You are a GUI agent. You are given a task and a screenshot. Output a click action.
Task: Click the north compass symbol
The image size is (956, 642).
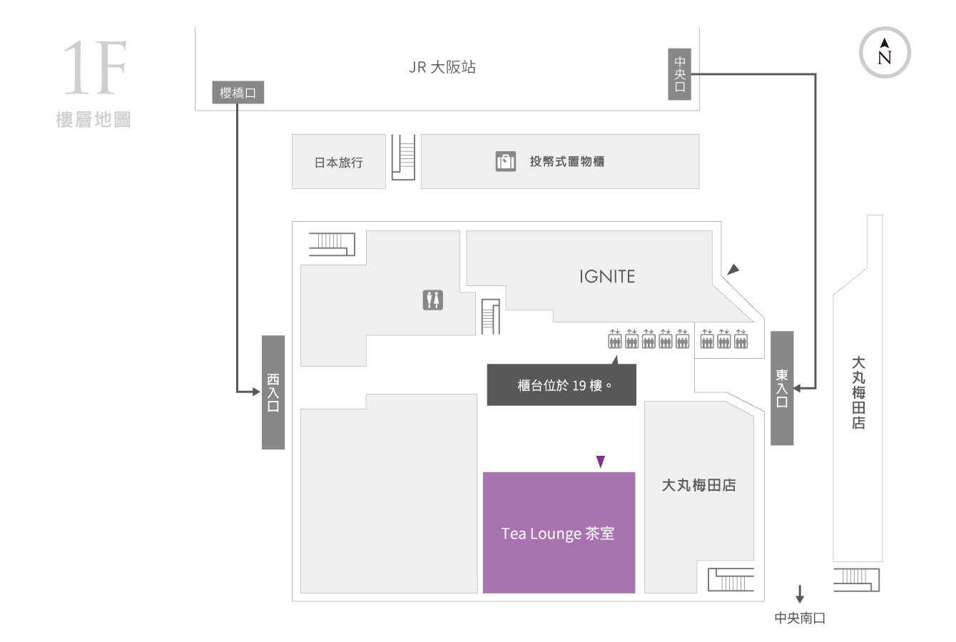[x=885, y=53]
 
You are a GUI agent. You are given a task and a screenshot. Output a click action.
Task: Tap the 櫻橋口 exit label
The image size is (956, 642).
[x=238, y=92]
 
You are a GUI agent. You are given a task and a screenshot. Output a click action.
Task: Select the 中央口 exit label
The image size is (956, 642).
[x=679, y=74]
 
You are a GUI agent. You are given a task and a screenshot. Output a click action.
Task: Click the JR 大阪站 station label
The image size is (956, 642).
[x=442, y=67]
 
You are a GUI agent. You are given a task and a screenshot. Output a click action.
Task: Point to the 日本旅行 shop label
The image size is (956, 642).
[x=338, y=162]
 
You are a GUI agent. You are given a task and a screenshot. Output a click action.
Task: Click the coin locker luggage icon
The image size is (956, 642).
[x=505, y=161]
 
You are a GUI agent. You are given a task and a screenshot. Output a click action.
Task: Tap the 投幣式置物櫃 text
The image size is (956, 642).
[x=566, y=161]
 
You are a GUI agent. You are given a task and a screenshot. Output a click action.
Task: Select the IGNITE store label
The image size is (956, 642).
[x=607, y=277]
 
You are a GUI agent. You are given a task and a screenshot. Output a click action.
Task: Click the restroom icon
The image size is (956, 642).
[x=433, y=300]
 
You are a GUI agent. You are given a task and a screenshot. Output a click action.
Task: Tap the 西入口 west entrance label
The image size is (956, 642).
[x=273, y=392]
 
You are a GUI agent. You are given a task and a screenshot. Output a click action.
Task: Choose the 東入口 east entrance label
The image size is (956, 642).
[x=782, y=389]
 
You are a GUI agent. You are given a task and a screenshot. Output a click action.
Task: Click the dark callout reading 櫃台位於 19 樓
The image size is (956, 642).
[x=561, y=384]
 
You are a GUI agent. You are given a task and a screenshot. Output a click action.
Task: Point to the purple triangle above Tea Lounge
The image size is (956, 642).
[x=601, y=462]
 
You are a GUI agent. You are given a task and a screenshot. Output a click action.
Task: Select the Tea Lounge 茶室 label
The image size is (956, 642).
[x=558, y=534]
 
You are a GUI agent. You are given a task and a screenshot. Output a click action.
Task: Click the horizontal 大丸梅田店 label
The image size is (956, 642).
[x=698, y=485]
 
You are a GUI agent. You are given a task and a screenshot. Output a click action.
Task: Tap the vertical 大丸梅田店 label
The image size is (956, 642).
[x=858, y=393]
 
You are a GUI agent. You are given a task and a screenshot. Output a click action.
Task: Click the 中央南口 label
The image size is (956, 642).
[x=800, y=618]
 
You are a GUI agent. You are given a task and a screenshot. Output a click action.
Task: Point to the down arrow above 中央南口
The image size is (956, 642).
[x=800, y=593]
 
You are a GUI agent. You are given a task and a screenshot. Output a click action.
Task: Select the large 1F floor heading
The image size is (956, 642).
[x=95, y=68]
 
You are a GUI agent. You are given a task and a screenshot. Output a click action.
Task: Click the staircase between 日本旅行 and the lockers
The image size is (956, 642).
[x=403, y=157]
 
